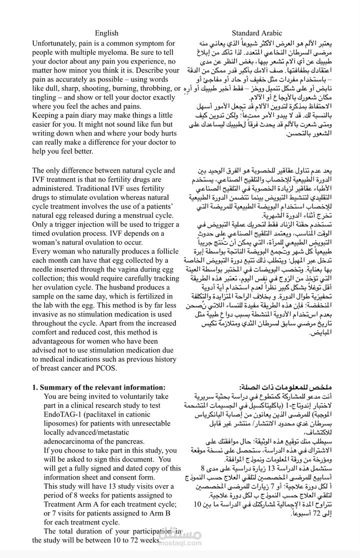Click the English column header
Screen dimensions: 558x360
(x=106, y=33)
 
